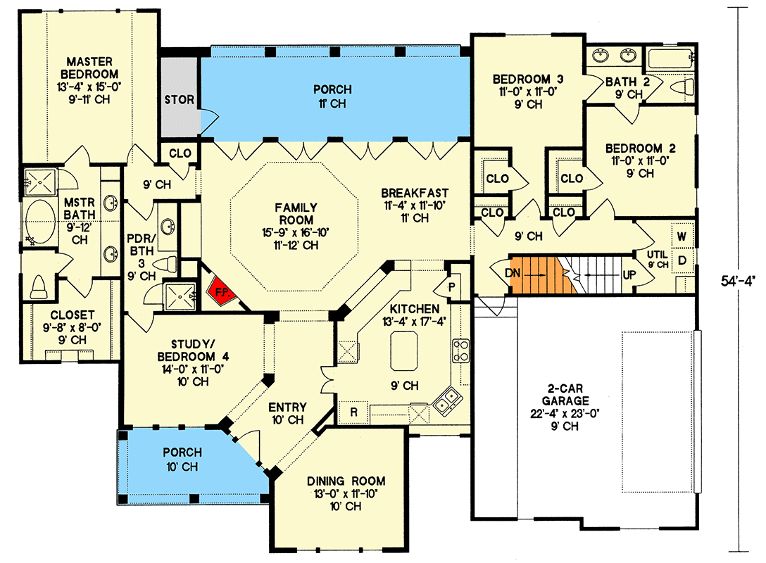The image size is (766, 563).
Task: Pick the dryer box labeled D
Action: pos(682,260)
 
